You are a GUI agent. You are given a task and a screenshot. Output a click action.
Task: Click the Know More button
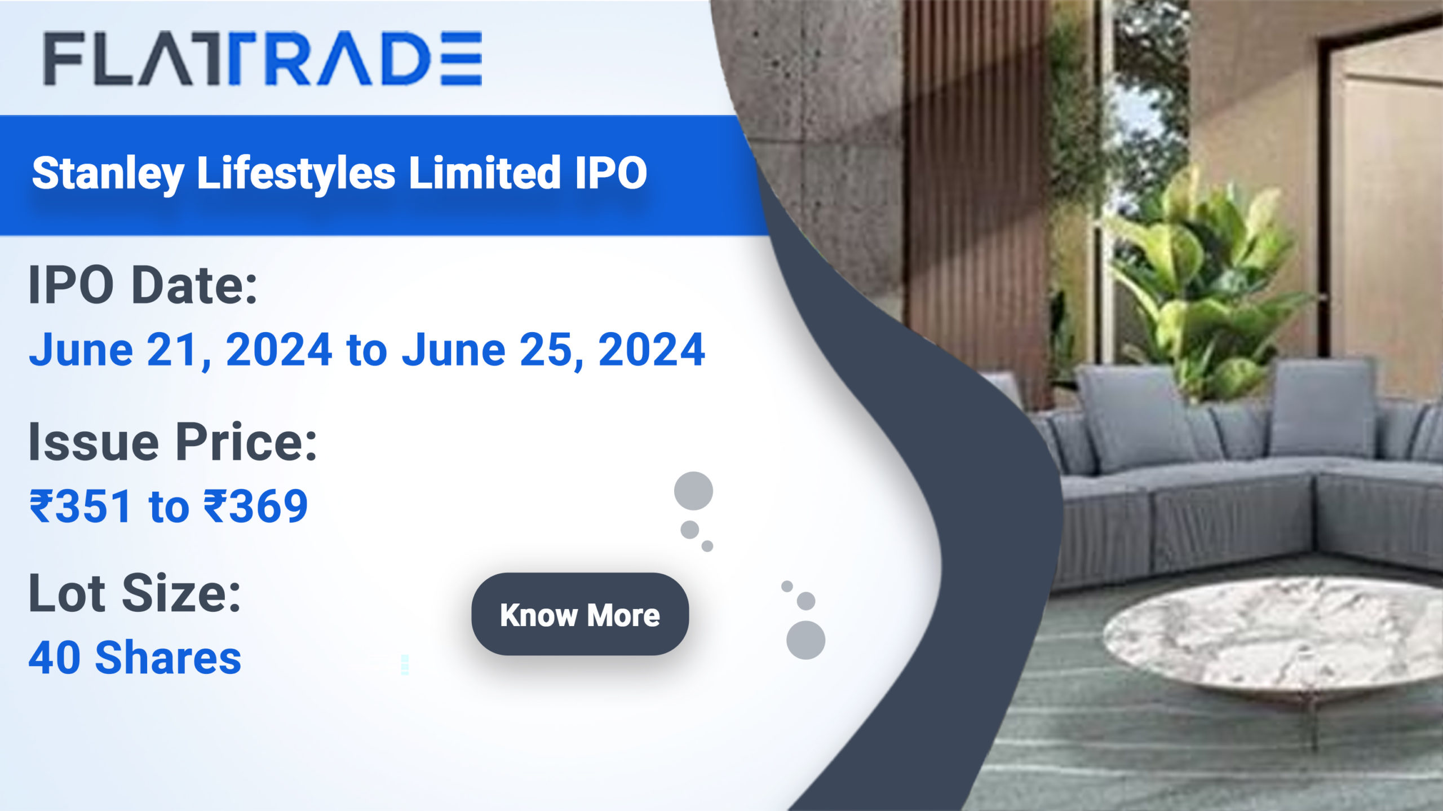(579, 614)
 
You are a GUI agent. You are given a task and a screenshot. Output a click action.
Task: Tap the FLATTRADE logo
(263, 59)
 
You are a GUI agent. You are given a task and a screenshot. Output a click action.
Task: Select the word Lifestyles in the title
(296, 173)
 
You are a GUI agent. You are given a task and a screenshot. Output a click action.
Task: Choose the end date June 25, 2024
(553, 350)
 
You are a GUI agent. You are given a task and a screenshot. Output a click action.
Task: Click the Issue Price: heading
(172, 442)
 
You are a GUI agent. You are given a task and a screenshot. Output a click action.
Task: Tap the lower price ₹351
(81, 506)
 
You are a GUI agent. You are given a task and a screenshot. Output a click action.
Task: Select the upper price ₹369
(255, 506)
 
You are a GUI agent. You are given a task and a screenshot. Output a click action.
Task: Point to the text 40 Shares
(135, 658)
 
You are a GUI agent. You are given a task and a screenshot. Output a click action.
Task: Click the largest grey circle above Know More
(693, 491)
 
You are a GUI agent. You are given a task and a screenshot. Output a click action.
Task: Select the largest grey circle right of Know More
(805, 640)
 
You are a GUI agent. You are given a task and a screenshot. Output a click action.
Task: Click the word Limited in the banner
(484, 173)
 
